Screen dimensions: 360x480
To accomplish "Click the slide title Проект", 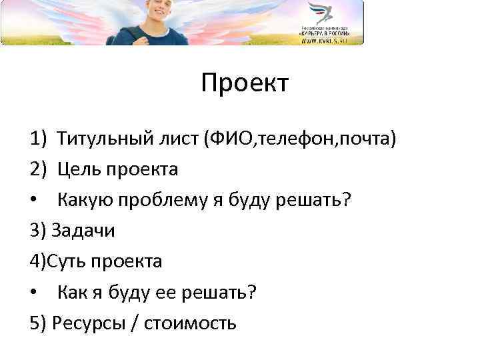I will [x=244, y=84].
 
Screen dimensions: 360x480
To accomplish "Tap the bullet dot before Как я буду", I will [x=34, y=293].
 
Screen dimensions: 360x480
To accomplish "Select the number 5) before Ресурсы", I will [x=37, y=323].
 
